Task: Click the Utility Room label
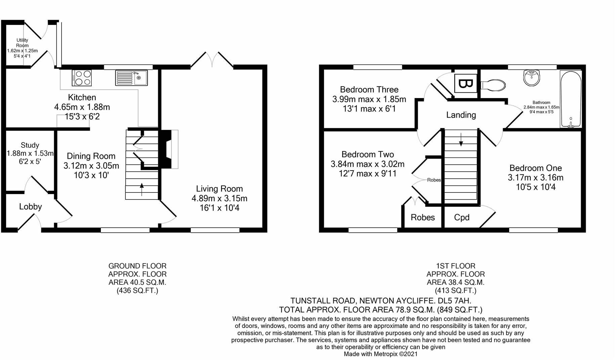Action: pyautogui.click(x=23, y=43)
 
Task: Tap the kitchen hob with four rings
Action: pyautogui.click(x=82, y=78)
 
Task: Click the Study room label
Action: pyautogui.click(x=30, y=145)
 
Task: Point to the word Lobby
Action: pyautogui.click(x=31, y=207)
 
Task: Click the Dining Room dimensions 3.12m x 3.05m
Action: pyautogui.click(x=91, y=166)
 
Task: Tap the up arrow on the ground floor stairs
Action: pyautogui.click(x=141, y=189)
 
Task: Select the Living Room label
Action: pyautogui.click(x=219, y=189)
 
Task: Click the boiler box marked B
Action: pyautogui.click(x=465, y=83)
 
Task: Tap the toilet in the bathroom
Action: pyautogui.click(x=493, y=85)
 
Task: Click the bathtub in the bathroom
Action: pyautogui.click(x=571, y=99)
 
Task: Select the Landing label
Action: pyautogui.click(x=461, y=115)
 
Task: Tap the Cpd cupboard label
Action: pyautogui.click(x=462, y=218)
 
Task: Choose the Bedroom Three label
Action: pyautogui.click(x=369, y=89)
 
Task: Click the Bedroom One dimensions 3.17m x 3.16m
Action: pyautogui.click(x=536, y=177)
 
